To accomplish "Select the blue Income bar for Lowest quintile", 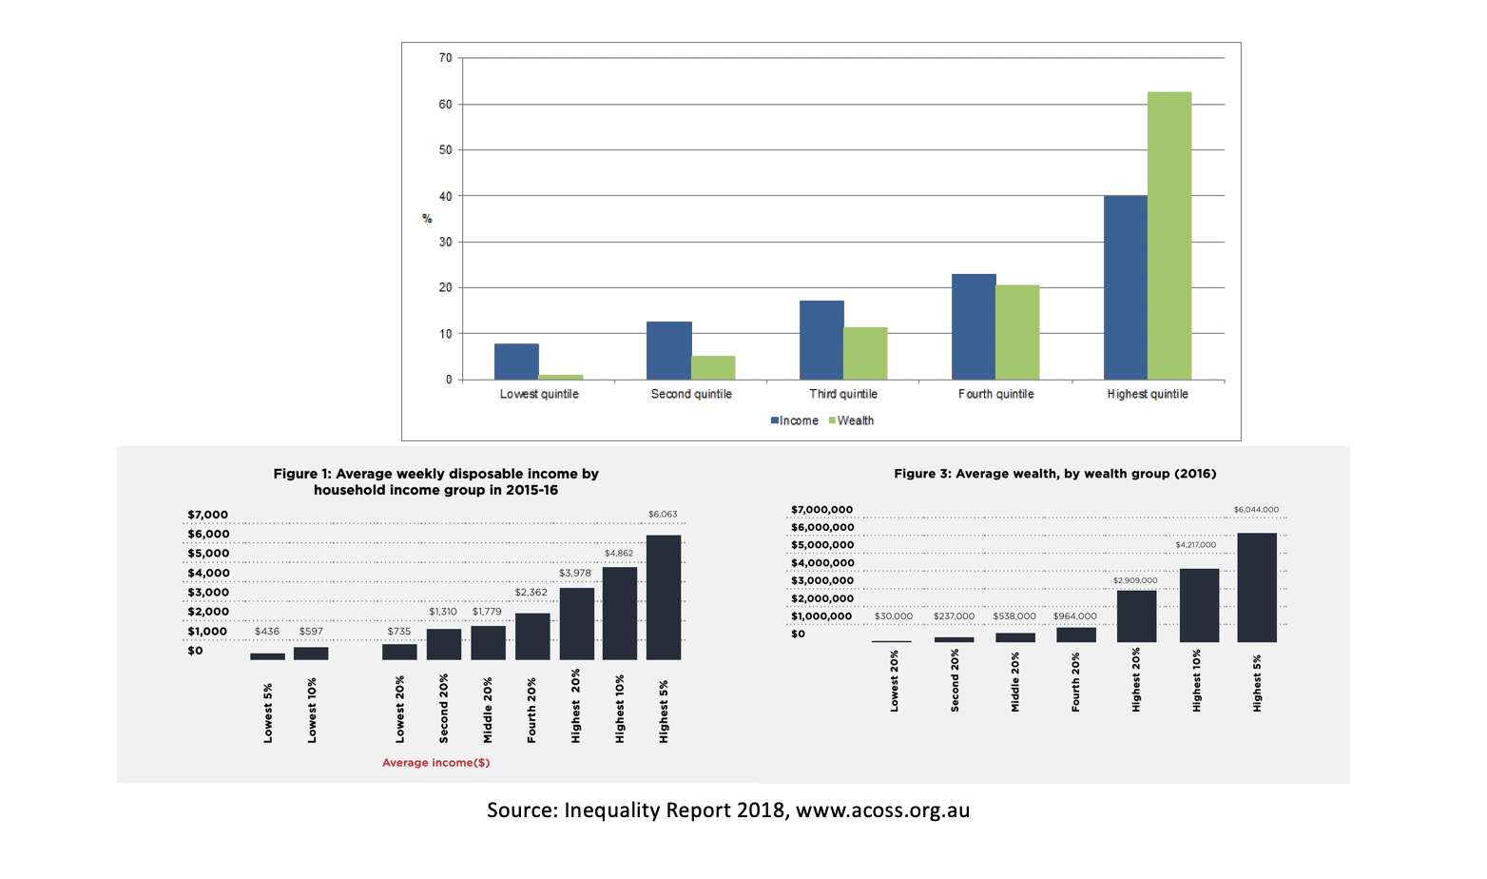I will click(516, 361).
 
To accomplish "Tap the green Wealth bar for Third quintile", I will click(865, 353).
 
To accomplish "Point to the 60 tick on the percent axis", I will click(445, 105).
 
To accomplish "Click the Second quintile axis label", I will click(691, 394).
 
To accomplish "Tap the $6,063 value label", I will click(663, 515).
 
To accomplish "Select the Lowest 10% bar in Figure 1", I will click(311, 654).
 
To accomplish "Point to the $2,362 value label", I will click(531, 593).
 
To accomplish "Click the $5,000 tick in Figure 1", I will click(208, 554).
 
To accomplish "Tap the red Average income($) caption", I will click(435, 763).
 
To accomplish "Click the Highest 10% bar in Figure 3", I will click(1199, 605).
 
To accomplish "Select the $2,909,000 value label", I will click(1135, 580).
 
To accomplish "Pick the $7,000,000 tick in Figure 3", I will click(822, 510).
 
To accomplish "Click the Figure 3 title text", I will click(1054, 474).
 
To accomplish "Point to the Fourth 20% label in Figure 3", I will click(1075, 682).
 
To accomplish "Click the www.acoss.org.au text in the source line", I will click(882, 811).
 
